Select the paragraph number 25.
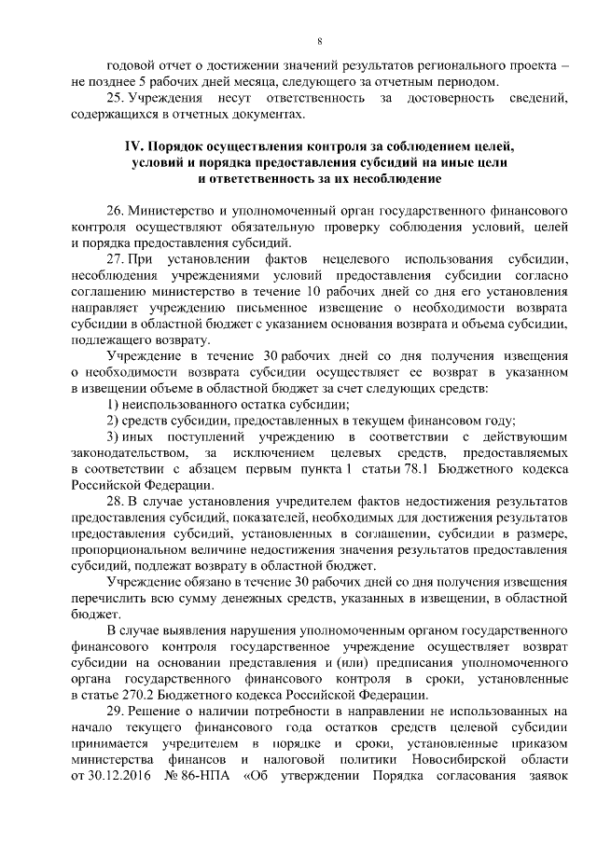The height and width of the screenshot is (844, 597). coord(115,98)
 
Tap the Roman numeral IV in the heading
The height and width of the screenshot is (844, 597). coord(136,147)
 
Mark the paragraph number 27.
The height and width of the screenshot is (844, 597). coord(115,256)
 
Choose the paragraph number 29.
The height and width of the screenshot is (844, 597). coord(115,712)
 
